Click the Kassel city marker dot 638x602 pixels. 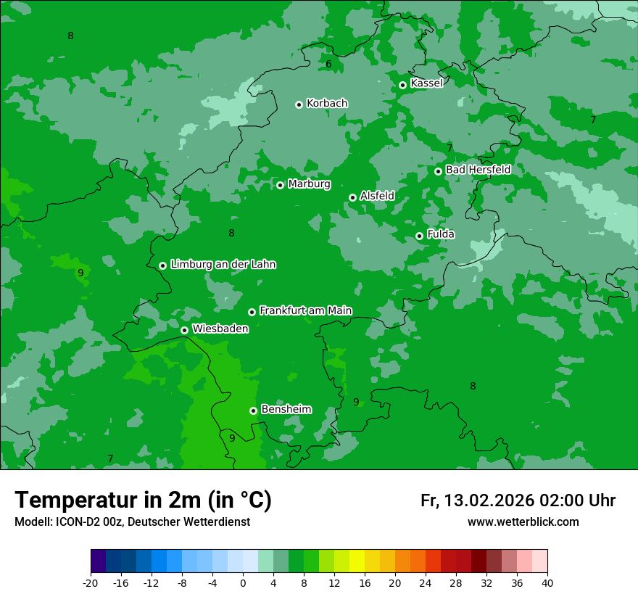pyautogui.click(x=402, y=85)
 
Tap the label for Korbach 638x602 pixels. pyautogui.click(x=327, y=103)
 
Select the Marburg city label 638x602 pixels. pyautogui.click(x=309, y=184)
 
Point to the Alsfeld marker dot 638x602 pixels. pyautogui.click(x=352, y=197)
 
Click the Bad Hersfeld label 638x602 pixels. pyautogui.click(x=478, y=170)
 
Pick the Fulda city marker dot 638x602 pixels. pyautogui.click(x=419, y=236)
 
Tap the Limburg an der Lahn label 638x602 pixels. pyautogui.click(x=223, y=264)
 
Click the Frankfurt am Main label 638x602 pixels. pyautogui.click(x=305, y=310)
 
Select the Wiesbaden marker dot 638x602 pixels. pyautogui.click(x=184, y=330)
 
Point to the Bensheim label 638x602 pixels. pyautogui.click(x=286, y=409)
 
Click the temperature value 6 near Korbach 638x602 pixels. pyautogui.click(x=328, y=65)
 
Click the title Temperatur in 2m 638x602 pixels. pyautogui.click(x=143, y=500)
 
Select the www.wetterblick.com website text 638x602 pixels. pyautogui.click(x=523, y=521)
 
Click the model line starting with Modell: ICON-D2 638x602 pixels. pyautogui.click(x=132, y=521)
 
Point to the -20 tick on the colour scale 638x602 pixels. pyautogui.click(x=91, y=582)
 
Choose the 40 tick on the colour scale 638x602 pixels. pyautogui.click(x=547, y=582)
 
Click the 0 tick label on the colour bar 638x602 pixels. pyautogui.click(x=243, y=582)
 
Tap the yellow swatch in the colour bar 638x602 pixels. pyautogui.click(x=357, y=561)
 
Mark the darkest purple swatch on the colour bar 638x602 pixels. pyautogui.click(x=99, y=561)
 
